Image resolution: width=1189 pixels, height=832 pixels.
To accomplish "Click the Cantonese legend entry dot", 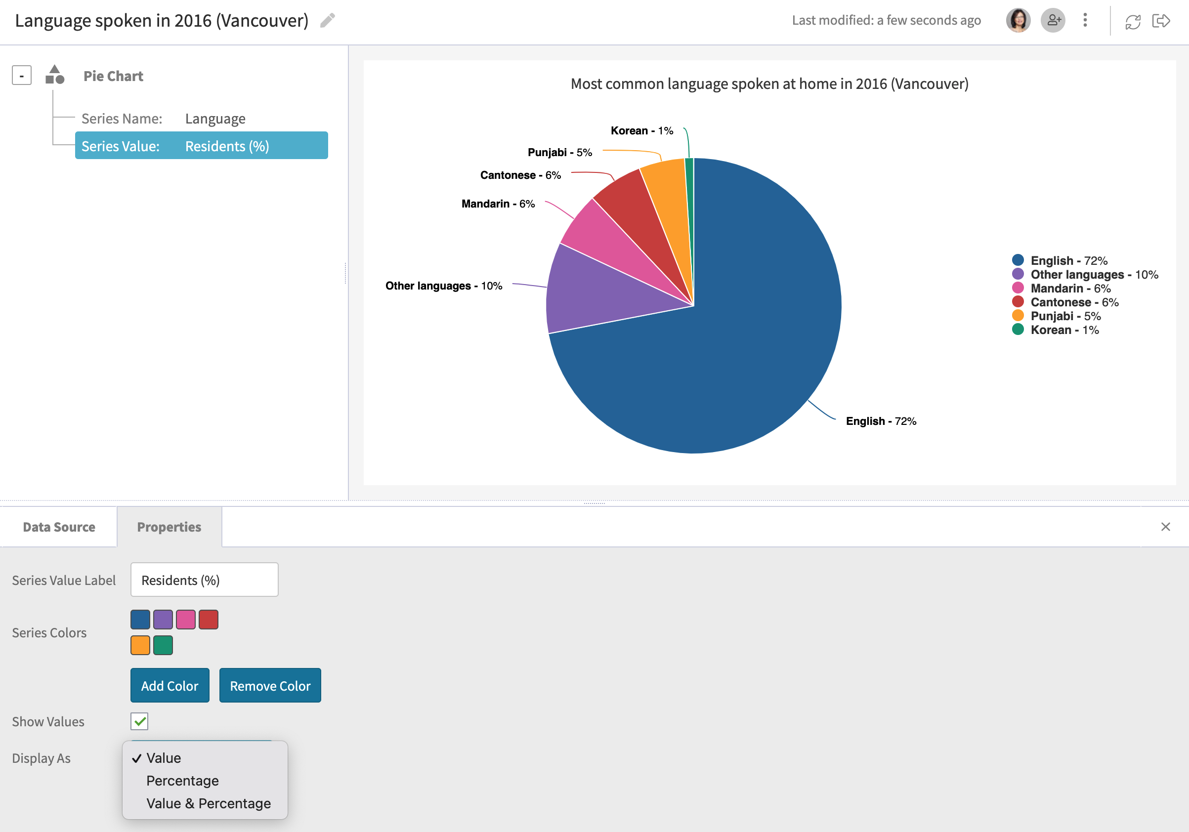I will (x=1018, y=302).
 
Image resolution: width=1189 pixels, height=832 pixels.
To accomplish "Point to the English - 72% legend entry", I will (x=1068, y=260).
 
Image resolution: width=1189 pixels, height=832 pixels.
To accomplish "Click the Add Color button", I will (x=170, y=685).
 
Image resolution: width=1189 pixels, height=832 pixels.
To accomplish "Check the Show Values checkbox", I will (x=139, y=721).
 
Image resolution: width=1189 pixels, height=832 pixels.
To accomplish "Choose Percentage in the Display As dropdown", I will (x=182, y=781).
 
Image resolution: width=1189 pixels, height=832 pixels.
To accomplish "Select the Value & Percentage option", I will (x=208, y=803).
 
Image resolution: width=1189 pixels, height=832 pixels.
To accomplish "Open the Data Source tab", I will (x=59, y=527).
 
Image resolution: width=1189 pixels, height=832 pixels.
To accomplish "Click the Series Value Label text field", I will (x=204, y=580).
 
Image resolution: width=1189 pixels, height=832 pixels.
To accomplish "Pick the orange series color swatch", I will (x=140, y=645).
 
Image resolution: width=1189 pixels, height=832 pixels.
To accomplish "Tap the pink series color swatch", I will (x=185, y=619).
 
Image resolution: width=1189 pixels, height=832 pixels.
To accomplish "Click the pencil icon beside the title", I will (x=327, y=21).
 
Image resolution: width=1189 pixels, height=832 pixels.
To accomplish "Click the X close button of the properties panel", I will (x=1165, y=527).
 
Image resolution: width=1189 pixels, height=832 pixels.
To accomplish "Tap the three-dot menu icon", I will (x=1085, y=21).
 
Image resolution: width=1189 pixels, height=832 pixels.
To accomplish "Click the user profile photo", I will (x=1018, y=21).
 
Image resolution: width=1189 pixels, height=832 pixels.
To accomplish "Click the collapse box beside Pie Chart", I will (x=22, y=76).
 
